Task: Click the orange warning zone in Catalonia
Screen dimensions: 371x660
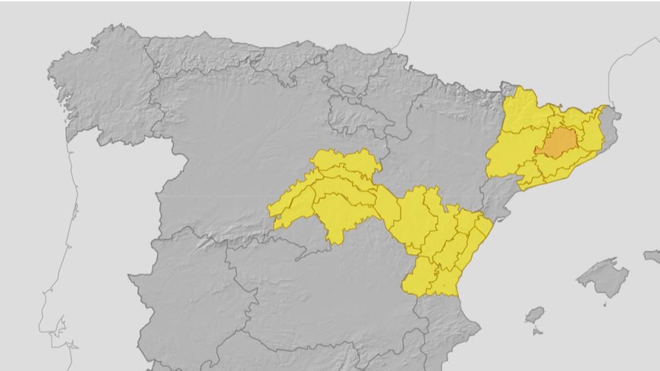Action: pyautogui.click(x=557, y=142)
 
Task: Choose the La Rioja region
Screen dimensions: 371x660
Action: pyautogui.click(x=355, y=116)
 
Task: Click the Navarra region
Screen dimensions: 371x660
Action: pyautogui.click(x=391, y=93)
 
